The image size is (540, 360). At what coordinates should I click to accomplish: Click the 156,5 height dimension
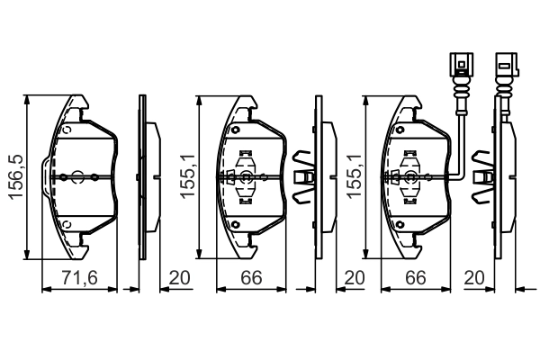16,177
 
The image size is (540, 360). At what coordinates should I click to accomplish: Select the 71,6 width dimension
79,278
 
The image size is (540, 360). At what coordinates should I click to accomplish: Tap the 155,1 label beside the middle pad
188,176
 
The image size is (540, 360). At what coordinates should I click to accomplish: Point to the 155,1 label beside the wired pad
354,176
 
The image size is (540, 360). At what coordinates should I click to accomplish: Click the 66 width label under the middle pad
251,278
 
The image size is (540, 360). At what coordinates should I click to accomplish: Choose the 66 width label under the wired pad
415,278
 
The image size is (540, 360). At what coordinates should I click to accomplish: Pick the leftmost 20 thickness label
179,278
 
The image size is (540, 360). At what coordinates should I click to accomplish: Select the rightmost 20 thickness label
474,278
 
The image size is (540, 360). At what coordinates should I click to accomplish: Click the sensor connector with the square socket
462,65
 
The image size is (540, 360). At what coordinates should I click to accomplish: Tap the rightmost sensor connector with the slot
506,65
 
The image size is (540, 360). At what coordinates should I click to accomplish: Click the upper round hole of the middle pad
235,130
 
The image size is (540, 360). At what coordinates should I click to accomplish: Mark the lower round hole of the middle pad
235,225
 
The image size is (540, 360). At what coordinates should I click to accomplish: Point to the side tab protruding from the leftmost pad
47,176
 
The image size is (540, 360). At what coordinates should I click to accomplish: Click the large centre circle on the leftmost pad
77,177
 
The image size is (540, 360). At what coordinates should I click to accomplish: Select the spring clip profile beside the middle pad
302,176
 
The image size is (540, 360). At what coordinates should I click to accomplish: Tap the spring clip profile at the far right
482,176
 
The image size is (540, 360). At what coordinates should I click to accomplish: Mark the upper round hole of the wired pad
400,130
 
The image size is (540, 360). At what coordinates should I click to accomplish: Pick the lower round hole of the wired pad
400,225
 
